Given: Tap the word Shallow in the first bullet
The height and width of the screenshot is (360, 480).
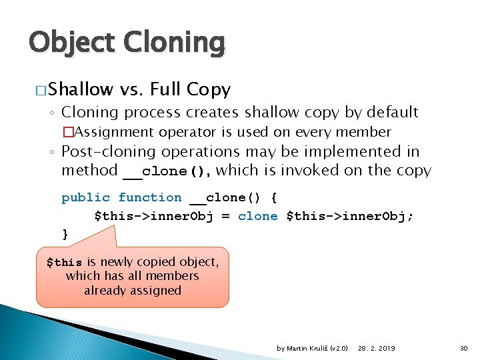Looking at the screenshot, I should pyautogui.click(x=81, y=89).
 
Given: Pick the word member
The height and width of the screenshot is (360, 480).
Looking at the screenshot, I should pyautogui.click(x=364, y=133).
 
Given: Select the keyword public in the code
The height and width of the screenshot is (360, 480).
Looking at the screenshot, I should pyautogui.click(x=85, y=198).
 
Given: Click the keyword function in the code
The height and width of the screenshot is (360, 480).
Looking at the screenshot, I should pyautogui.click(x=149, y=197).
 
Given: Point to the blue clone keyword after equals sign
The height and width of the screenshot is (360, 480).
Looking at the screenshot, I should pyautogui.click(x=257, y=216).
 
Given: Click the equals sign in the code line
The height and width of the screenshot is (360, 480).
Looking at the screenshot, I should pyautogui.click(x=225, y=216).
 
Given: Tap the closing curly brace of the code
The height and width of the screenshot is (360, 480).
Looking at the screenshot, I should pyautogui.click(x=65, y=234).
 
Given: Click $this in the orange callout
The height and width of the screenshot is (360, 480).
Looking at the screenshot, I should pyautogui.click(x=64, y=263).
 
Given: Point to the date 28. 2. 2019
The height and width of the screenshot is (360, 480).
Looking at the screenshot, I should pyautogui.click(x=377, y=349).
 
